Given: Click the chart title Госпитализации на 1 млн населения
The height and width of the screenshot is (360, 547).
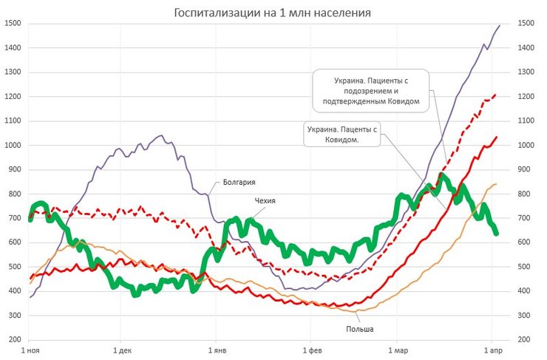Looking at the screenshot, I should (273, 13).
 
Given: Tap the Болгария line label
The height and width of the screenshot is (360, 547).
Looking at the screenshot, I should (239, 180).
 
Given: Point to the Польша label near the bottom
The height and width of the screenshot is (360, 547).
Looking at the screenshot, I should (359, 328).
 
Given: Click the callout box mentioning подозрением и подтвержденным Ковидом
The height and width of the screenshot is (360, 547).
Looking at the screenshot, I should (370, 90).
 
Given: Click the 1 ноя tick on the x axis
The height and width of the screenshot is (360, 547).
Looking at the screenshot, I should (30, 350).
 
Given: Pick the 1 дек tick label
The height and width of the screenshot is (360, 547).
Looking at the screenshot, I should (123, 350).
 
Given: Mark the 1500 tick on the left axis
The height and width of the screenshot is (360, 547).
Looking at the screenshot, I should (13, 24).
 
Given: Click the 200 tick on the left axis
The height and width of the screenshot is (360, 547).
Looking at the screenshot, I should (15, 339).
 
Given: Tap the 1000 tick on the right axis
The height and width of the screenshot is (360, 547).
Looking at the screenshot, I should (526, 145).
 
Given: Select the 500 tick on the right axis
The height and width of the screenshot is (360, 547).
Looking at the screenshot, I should (524, 267).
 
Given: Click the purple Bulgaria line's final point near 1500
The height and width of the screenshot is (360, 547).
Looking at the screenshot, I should (500, 26).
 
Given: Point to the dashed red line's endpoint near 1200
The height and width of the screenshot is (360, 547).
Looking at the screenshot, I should (495, 95).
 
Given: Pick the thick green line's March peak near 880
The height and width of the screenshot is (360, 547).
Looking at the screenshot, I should (441, 175).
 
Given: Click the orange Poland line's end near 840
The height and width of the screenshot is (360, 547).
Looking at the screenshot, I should (496, 184).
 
